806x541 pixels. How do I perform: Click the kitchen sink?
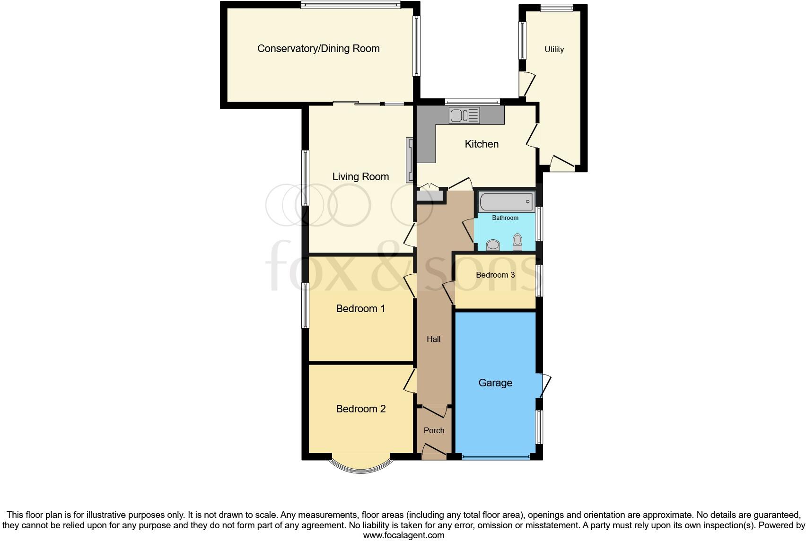(x=464, y=115)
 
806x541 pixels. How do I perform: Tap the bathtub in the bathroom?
(x=506, y=202)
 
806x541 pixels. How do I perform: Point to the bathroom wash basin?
(x=493, y=244)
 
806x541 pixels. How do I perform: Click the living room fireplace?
(x=410, y=160)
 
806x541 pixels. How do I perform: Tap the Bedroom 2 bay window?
(x=361, y=465)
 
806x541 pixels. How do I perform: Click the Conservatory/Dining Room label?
(x=318, y=49)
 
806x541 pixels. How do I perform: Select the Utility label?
(x=554, y=50)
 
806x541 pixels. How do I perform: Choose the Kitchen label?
(x=482, y=144)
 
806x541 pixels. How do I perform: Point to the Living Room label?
(x=360, y=177)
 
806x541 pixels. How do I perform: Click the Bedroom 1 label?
(x=360, y=309)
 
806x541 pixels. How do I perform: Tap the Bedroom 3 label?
(x=495, y=275)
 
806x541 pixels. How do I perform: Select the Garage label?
(x=495, y=383)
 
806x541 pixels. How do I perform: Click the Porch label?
(x=434, y=431)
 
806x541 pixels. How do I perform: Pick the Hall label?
(x=433, y=340)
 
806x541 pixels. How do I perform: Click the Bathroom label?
(x=505, y=218)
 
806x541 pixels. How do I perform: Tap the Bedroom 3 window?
(x=539, y=280)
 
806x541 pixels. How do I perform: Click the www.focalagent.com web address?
(x=403, y=535)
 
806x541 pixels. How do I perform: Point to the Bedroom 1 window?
(x=306, y=305)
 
